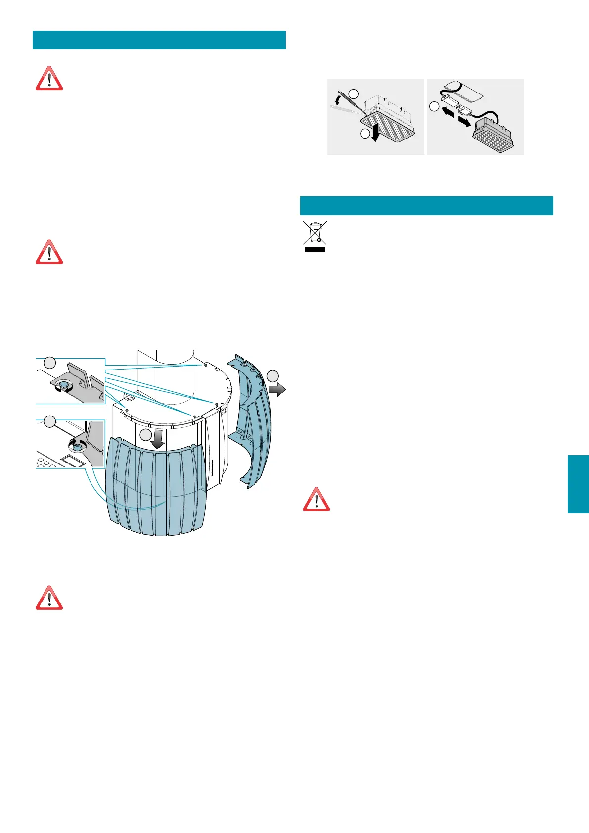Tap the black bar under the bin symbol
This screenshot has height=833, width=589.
[x=315, y=250]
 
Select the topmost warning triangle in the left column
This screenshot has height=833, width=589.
[x=49, y=78]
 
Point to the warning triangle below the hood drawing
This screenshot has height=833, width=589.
[x=49, y=598]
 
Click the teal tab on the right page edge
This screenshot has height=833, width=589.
[x=578, y=484]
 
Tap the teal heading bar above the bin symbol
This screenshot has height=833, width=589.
[x=426, y=206]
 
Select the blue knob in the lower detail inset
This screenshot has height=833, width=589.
[x=77, y=447]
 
